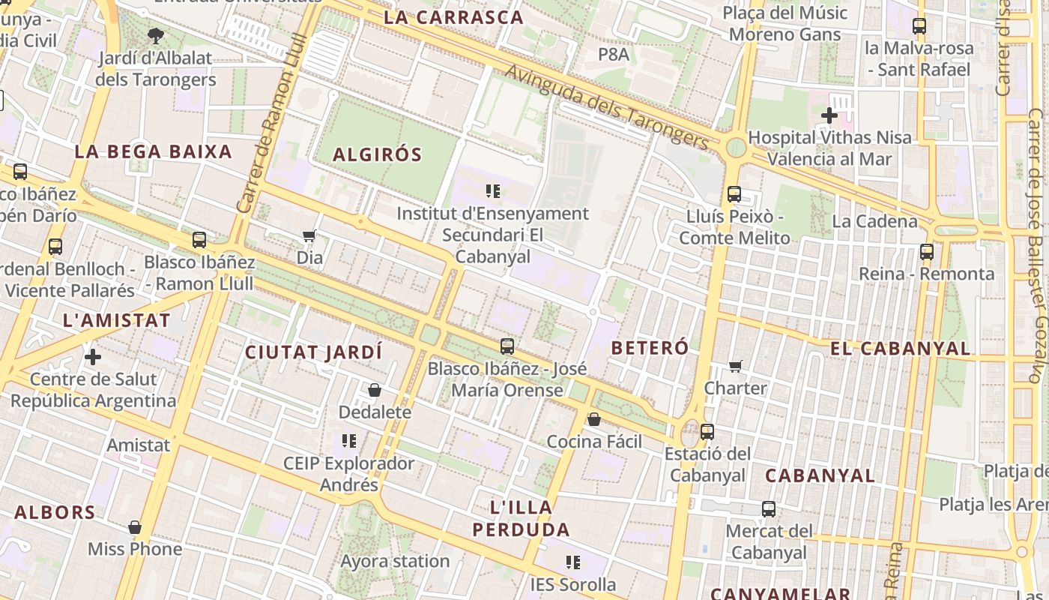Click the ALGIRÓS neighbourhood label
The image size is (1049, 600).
coord(377,155)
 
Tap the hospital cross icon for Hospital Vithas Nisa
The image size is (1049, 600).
coord(829,115)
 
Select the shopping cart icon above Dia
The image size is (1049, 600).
coord(309,236)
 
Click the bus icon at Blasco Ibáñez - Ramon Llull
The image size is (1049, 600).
coord(199,240)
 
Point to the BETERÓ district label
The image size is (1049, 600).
coord(650,348)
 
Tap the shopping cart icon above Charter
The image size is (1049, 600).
coord(736,367)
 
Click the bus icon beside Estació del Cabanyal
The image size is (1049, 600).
coord(707,432)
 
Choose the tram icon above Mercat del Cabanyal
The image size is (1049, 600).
coord(769,509)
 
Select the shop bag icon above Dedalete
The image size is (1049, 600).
coord(375,391)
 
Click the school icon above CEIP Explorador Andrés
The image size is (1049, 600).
coord(348,441)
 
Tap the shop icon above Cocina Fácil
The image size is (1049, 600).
coord(594,419)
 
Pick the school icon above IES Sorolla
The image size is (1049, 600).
coord(573,562)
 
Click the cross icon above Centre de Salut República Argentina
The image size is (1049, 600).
coord(93,357)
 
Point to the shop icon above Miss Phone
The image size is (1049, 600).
coord(135,527)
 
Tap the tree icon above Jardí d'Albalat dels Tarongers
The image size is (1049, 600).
coord(156,34)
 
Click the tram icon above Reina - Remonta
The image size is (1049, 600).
coord(927,251)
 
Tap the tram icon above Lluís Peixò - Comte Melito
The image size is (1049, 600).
coord(734,194)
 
